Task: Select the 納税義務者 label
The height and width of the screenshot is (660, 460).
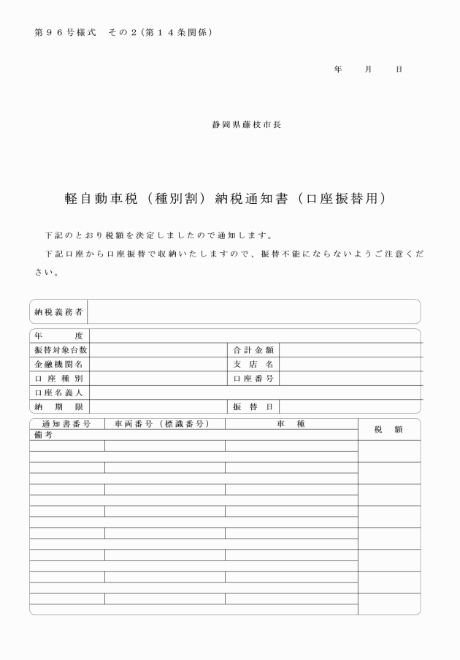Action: [x=59, y=311]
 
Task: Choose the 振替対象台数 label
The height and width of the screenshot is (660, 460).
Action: [x=59, y=350]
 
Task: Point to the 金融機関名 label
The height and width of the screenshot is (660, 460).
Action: [x=59, y=364]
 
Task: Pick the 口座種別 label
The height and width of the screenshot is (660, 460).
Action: [x=59, y=378]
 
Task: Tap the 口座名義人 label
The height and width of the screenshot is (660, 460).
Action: [x=59, y=392]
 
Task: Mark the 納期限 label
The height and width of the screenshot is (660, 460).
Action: [x=59, y=406]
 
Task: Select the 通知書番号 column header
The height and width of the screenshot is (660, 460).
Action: [x=66, y=424]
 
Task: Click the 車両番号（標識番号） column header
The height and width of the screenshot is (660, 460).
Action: [x=164, y=424]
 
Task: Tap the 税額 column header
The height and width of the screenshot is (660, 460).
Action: [x=388, y=430]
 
